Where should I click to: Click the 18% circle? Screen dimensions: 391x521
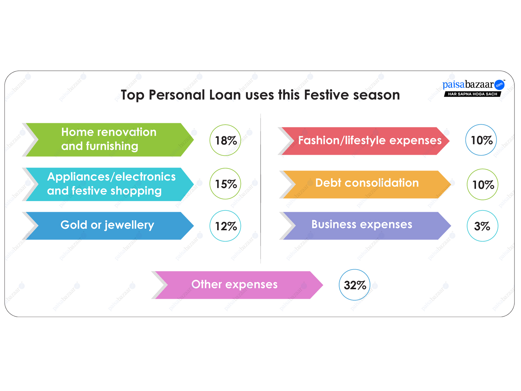click(225, 140)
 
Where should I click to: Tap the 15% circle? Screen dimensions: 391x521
click(225, 184)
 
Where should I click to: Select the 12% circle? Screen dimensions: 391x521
click(225, 226)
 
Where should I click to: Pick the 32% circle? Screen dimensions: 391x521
click(355, 285)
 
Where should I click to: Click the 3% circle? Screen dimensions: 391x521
click(482, 226)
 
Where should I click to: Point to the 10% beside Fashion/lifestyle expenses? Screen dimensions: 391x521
click(481, 140)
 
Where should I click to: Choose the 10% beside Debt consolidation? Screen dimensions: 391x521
click(483, 184)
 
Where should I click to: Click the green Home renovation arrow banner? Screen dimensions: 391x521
click(109, 139)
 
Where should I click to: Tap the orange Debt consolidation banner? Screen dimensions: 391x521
click(366, 184)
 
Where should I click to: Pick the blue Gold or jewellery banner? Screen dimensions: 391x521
click(107, 226)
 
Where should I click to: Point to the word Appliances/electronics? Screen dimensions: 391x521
click(111, 177)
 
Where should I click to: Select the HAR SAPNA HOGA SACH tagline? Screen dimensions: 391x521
click(472, 94)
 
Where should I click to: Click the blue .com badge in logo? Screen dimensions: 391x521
click(499, 85)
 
